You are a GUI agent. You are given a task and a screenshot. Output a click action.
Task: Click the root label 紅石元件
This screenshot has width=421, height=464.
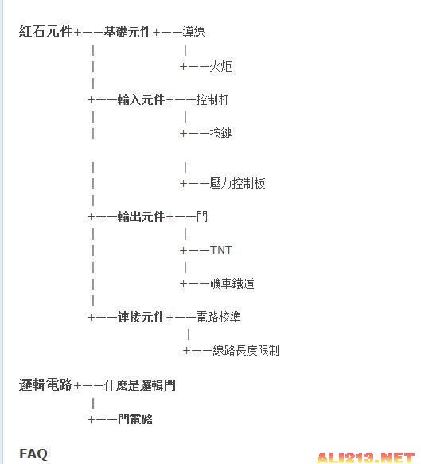click(x=45, y=31)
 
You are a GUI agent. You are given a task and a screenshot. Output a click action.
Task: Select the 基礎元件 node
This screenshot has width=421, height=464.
click(x=127, y=32)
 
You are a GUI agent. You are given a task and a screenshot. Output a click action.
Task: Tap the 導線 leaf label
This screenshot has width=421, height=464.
click(x=193, y=32)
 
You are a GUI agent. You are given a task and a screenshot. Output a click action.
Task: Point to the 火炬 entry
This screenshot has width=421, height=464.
click(x=220, y=66)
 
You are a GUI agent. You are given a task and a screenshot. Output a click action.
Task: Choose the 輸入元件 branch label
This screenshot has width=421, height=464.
click(x=141, y=99)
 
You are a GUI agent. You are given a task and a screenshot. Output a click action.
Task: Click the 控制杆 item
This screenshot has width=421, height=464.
click(x=212, y=99)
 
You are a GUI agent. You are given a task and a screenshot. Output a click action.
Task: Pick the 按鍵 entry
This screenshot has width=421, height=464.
click(x=220, y=133)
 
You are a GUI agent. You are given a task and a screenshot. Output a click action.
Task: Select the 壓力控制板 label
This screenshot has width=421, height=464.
click(x=237, y=184)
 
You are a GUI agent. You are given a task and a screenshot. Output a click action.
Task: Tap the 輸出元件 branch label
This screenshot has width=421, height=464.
click(x=141, y=217)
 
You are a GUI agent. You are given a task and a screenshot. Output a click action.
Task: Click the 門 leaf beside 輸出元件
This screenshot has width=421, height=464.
click(x=202, y=216)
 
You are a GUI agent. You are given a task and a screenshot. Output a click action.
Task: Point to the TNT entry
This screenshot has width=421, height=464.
click(x=221, y=251)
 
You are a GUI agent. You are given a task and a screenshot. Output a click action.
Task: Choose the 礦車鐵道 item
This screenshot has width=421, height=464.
click(x=232, y=284)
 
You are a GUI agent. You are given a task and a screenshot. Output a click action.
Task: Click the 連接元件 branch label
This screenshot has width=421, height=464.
click(x=141, y=318)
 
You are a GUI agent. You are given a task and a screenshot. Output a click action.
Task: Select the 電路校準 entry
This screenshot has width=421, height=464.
click(x=218, y=318)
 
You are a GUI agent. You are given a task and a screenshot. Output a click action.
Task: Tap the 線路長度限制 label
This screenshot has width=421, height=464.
click(x=246, y=351)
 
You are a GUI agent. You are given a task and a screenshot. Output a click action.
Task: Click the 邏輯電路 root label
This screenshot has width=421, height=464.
click(x=45, y=385)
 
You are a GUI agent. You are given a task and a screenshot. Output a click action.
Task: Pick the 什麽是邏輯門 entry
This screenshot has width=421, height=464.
click(x=139, y=385)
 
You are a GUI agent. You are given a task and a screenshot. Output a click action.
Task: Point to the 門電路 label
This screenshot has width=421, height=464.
click(x=135, y=419)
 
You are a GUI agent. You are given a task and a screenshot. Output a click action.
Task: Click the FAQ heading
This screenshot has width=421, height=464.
click(x=33, y=454)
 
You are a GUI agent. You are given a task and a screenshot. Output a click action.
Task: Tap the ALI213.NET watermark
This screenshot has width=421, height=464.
click(x=365, y=458)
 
